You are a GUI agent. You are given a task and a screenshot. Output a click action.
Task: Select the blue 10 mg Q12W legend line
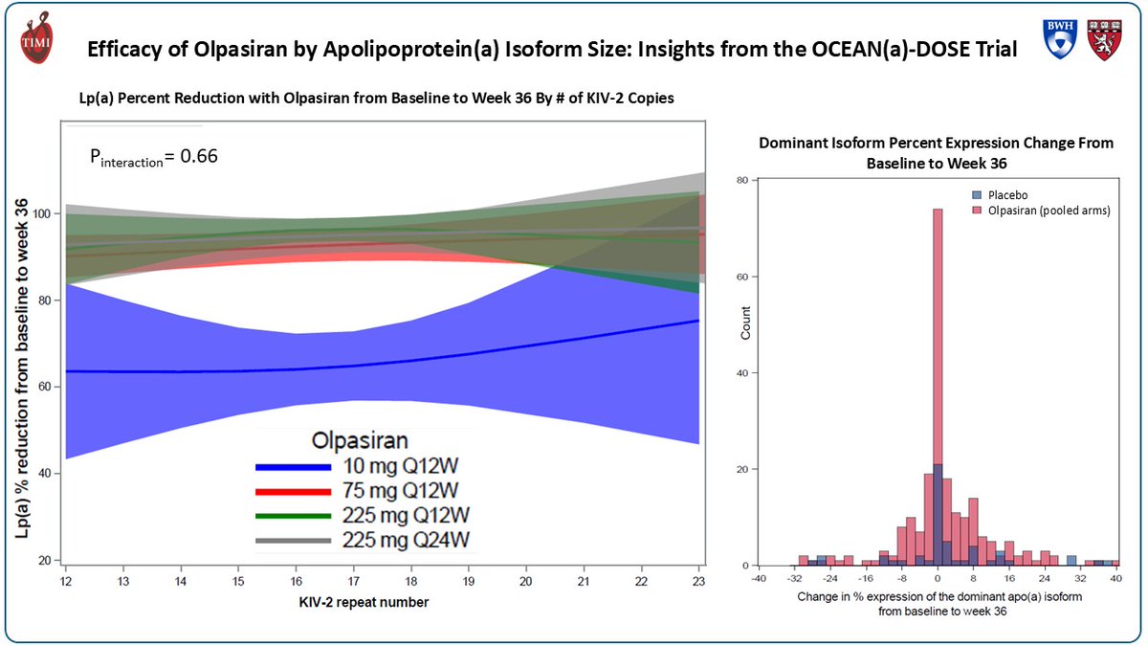pyautogui.click(x=291, y=467)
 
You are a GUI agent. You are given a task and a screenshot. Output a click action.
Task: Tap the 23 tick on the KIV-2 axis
pyautogui.click(x=699, y=582)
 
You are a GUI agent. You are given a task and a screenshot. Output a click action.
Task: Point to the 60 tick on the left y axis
pyautogui.click(x=45, y=387)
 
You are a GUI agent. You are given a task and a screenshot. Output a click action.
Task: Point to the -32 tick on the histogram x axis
pyautogui.click(x=795, y=579)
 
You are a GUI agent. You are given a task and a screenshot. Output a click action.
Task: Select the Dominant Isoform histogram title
pyautogui.click(x=936, y=153)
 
